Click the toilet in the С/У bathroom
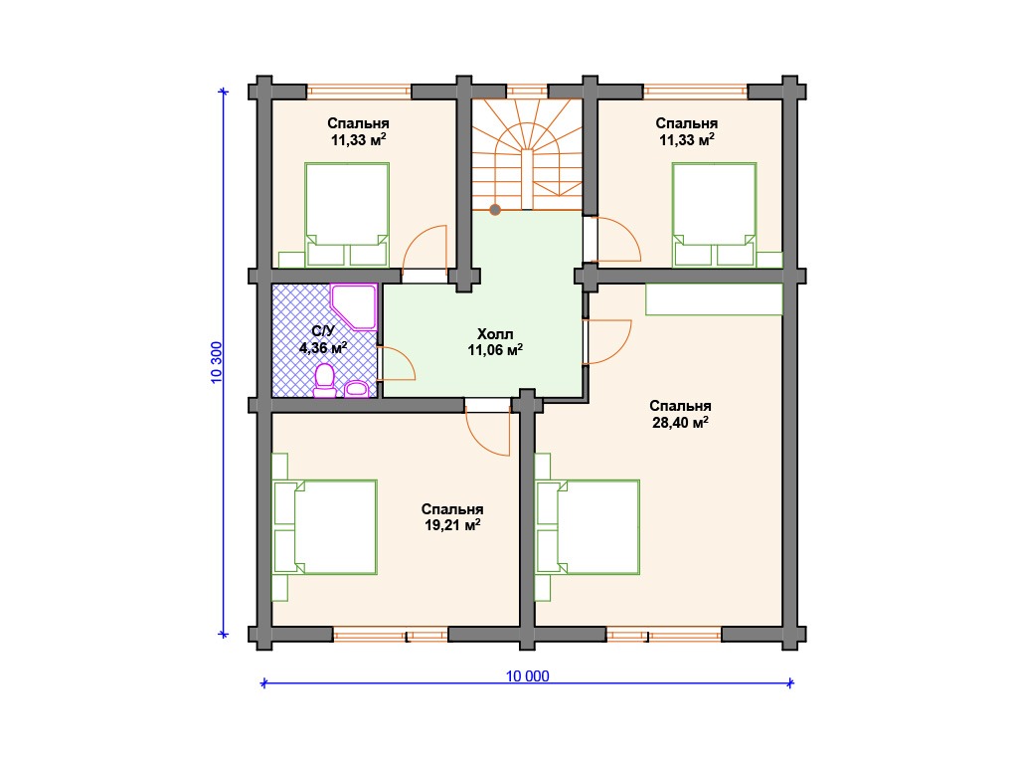(x=325, y=381)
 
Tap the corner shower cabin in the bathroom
(x=354, y=306)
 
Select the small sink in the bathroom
(x=357, y=389)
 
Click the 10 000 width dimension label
(x=527, y=676)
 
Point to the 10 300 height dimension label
(x=217, y=362)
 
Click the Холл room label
(x=495, y=334)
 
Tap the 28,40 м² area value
(x=680, y=423)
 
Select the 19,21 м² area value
(x=452, y=525)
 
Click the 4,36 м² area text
(x=323, y=347)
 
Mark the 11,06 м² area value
(x=495, y=351)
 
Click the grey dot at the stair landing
(x=495, y=210)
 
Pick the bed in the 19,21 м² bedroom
(x=325, y=527)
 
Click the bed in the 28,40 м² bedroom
(x=588, y=527)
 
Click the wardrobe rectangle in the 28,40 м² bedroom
(x=714, y=299)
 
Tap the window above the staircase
(x=527, y=92)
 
